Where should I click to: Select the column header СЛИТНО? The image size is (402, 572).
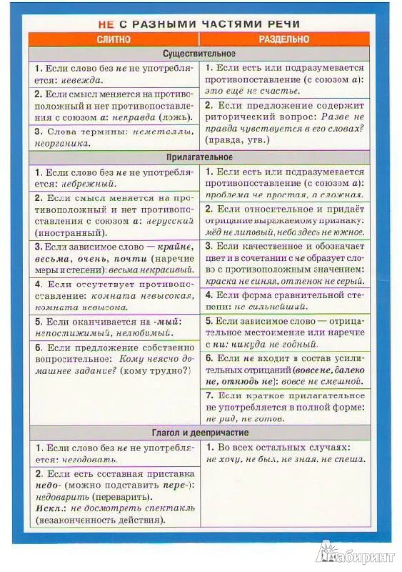114,39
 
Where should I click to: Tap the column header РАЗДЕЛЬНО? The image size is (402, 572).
284,39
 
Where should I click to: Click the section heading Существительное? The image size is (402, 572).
199,54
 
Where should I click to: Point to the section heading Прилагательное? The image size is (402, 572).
199,157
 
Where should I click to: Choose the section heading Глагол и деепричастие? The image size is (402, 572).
199,433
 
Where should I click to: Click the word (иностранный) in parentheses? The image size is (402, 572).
68,232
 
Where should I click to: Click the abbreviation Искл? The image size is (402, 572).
48,507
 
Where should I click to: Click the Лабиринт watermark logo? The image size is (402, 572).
354,554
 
